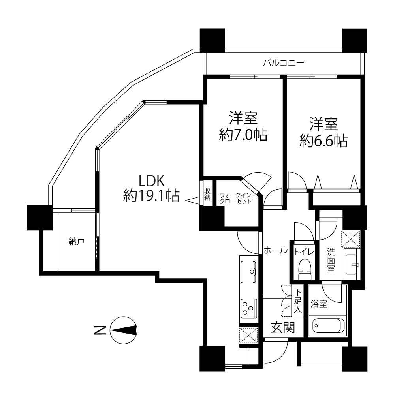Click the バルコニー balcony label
pos(283,62)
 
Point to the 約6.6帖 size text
pos(324,141)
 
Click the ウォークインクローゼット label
pos(235,198)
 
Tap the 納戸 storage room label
pos(76,241)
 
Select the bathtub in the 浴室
pos(327,325)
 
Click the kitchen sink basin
pos(248,272)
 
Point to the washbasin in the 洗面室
pos(352,265)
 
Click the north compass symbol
pos(123,330)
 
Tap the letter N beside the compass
pos(100,330)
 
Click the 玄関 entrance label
pos(283,327)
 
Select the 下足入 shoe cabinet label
pos(298,301)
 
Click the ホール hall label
pos(276,250)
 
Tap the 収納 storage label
pos(207,194)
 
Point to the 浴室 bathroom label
pos(319,304)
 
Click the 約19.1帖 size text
pos(152,196)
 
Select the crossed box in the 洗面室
pos(351,239)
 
